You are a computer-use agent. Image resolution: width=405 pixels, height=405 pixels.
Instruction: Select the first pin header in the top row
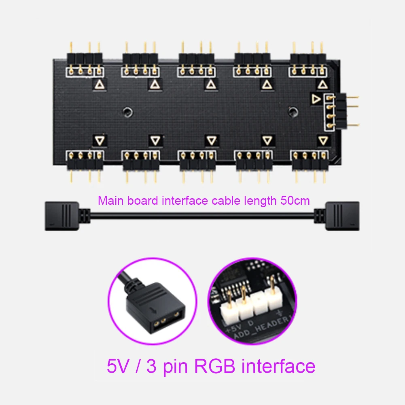tap(85, 63)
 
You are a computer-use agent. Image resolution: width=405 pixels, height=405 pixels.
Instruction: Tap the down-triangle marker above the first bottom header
tap(100, 140)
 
